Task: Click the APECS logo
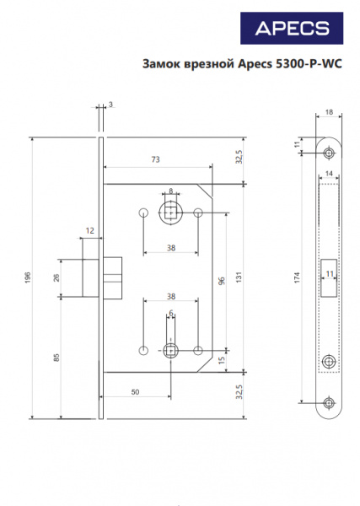(x=292, y=28)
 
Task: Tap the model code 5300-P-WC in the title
(x=309, y=63)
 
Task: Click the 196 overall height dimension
(x=28, y=277)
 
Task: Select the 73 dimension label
(x=155, y=159)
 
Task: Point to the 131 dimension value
(x=239, y=277)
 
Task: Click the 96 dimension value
(x=222, y=281)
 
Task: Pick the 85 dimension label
(x=56, y=358)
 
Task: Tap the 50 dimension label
(x=135, y=392)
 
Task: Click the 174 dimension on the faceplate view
(x=297, y=277)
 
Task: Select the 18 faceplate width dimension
(x=329, y=112)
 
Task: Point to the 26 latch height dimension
(x=56, y=277)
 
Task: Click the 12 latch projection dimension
(x=89, y=231)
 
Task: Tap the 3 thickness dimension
(x=110, y=105)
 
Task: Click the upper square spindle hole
(x=170, y=213)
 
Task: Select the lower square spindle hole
(x=170, y=351)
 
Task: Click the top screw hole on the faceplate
(x=329, y=153)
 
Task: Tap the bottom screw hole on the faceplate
(x=329, y=402)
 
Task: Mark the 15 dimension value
(x=222, y=360)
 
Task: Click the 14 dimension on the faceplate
(x=329, y=173)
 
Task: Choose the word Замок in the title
(x=161, y=63)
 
